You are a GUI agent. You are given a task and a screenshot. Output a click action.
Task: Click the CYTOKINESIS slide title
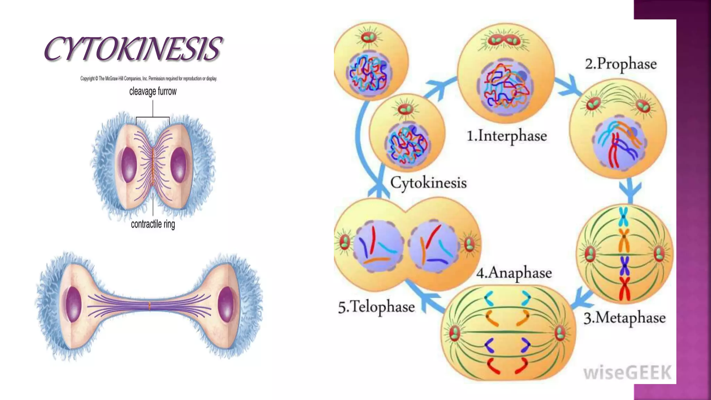(x=133, y=49)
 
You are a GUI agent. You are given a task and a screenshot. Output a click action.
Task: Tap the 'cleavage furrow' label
(x=153, y=91)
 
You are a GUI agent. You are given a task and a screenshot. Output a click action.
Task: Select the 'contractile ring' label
(x=153, y=224)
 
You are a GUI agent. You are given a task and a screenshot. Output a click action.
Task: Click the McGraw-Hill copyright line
(x=149, y=79)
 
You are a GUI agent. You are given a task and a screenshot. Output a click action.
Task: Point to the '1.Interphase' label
(x=507, y=136)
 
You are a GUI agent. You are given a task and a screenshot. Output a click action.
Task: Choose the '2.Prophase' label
(x=621, y=64)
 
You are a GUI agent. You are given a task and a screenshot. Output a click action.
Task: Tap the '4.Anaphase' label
(x=514, y=273)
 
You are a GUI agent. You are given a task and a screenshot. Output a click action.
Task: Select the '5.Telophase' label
(x=376, y=307)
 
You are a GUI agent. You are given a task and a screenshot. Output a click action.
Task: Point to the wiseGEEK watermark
(x=627, y=373)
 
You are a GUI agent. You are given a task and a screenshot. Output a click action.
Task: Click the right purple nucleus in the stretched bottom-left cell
(x=226, y=304)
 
